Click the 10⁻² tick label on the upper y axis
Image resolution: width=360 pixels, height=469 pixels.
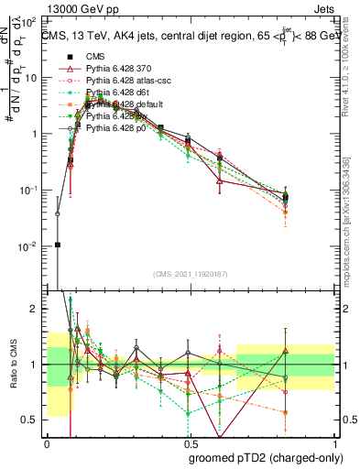coord(29,246)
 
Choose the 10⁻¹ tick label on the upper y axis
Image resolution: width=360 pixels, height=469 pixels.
coord(29,190)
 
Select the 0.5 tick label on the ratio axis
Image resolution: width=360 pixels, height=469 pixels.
coord(33,420)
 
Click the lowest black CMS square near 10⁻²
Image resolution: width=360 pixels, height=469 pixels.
coord(58,245)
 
